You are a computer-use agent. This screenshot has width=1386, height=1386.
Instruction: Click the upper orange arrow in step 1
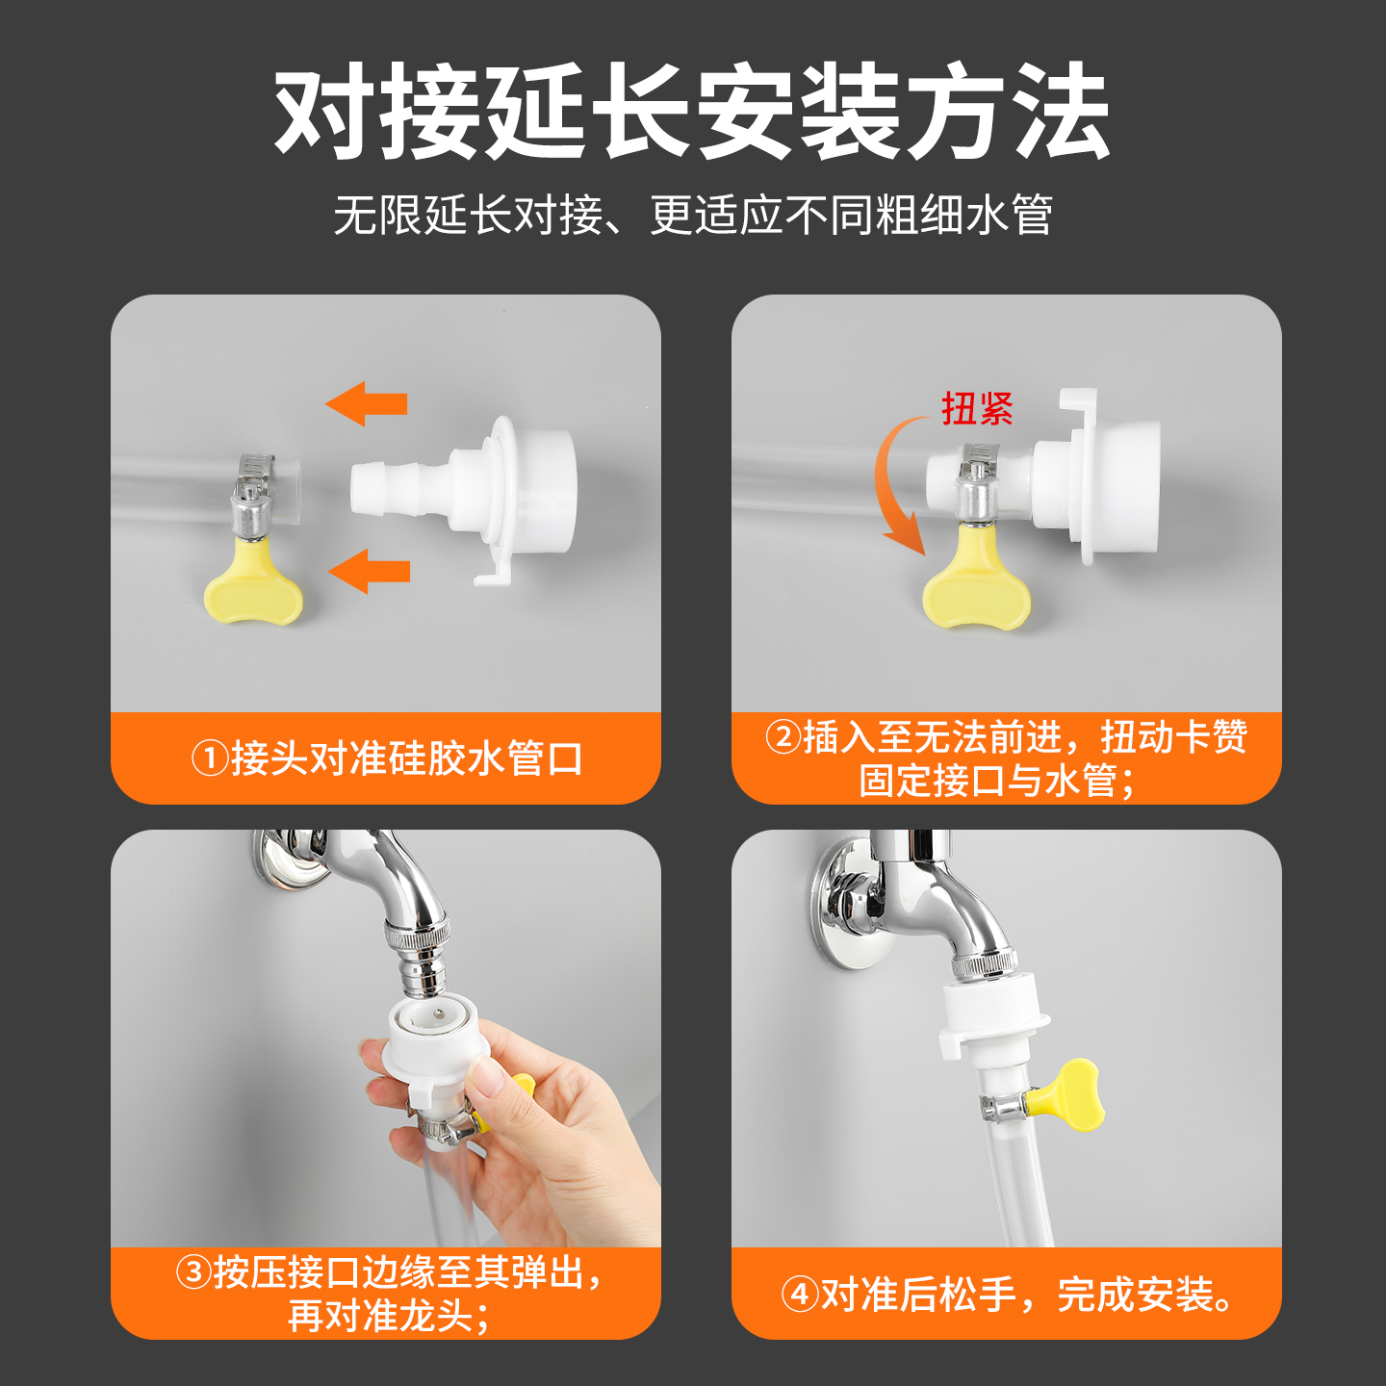(366, 403)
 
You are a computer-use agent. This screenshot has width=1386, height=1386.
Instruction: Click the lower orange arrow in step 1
(369, 571)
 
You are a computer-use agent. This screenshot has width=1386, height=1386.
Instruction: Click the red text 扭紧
(978, 408)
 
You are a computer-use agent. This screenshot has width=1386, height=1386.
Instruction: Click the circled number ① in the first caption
(210, 758)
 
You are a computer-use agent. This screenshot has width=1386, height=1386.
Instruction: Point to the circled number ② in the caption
(783, 736)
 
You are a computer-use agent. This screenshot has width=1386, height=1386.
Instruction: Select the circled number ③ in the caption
(193, 1271)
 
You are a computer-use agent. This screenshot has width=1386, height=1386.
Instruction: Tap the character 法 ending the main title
(1063, 111)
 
